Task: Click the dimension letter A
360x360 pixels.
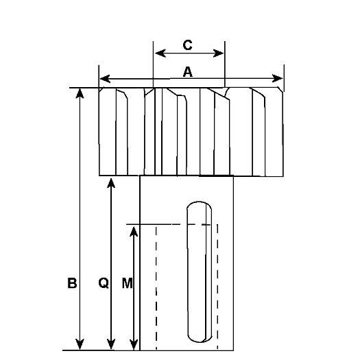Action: click(x=188, y=72)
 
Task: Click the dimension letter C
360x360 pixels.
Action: click(x=188, y=45)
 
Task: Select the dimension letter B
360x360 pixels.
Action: click(x=72, y=283)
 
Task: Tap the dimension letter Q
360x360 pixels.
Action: click(x=104, y=283)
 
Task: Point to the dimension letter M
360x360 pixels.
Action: click(x=127, y=283)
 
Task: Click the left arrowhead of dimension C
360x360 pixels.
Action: click(x=160, y=53)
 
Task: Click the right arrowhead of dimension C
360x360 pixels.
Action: click(x=218, y=53)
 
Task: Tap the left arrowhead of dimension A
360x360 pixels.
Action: click(x=106, y=79)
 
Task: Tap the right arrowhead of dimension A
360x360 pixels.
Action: click(x=277, y=78)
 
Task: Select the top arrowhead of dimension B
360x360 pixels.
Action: click(x=80, y=93)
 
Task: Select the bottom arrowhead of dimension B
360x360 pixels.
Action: click(x=80, y=344)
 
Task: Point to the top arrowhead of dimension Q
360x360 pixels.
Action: click(x=111, y=183)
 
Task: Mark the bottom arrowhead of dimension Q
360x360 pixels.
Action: click(x=111, y=344)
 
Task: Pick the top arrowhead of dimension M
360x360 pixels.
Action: click(x=134, y=231)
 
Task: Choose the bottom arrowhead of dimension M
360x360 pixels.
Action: click(x=134, y=345)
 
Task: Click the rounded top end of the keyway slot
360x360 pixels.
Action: click(x=199, y=202)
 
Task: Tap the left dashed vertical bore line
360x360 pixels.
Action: click(x=156, y=287)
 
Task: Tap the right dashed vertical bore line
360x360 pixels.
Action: click(x=217, y=287)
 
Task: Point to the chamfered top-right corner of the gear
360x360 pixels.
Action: click(x=280, y=89)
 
